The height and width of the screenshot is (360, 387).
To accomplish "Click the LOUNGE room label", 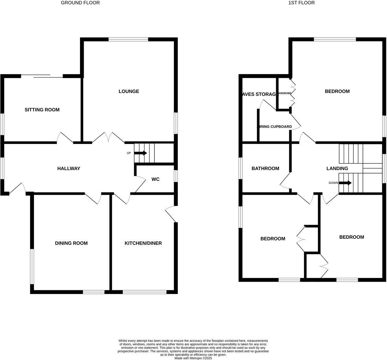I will [x=129, y=91].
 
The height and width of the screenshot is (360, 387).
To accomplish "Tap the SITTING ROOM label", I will [x=42, y=110].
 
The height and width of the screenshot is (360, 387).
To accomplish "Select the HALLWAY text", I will [x=69, y=169].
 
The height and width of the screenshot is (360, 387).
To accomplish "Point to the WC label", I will [x=155, y=179].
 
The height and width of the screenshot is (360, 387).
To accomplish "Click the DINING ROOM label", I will [x=71, y=243].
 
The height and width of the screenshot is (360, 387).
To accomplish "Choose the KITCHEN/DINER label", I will [x=143, y=243].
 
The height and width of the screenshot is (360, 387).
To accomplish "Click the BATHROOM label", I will [x=265, y=169].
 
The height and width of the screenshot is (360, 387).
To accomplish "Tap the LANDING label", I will [x=337, y=169].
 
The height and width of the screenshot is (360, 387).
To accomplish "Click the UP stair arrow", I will [x=140, y=153].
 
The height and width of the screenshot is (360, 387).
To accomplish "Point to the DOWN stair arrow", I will [x=345, y=183].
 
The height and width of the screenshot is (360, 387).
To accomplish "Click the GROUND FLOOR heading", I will [x=80, y=3].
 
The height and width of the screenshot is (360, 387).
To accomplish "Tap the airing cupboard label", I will [x=274, y=127].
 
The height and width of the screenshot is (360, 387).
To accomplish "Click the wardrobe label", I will [x=285, y=93].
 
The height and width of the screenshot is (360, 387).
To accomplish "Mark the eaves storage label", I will [x=259, y=94].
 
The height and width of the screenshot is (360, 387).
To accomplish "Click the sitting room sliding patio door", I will [x=42, y=76].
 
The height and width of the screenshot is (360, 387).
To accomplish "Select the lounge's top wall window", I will [x=128, y=40].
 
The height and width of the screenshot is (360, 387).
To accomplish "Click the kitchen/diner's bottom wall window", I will [x=144, y=292].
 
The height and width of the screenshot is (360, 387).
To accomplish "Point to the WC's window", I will [x=176, y=176].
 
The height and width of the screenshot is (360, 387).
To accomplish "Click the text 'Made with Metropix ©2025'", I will [x=193, y=358].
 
